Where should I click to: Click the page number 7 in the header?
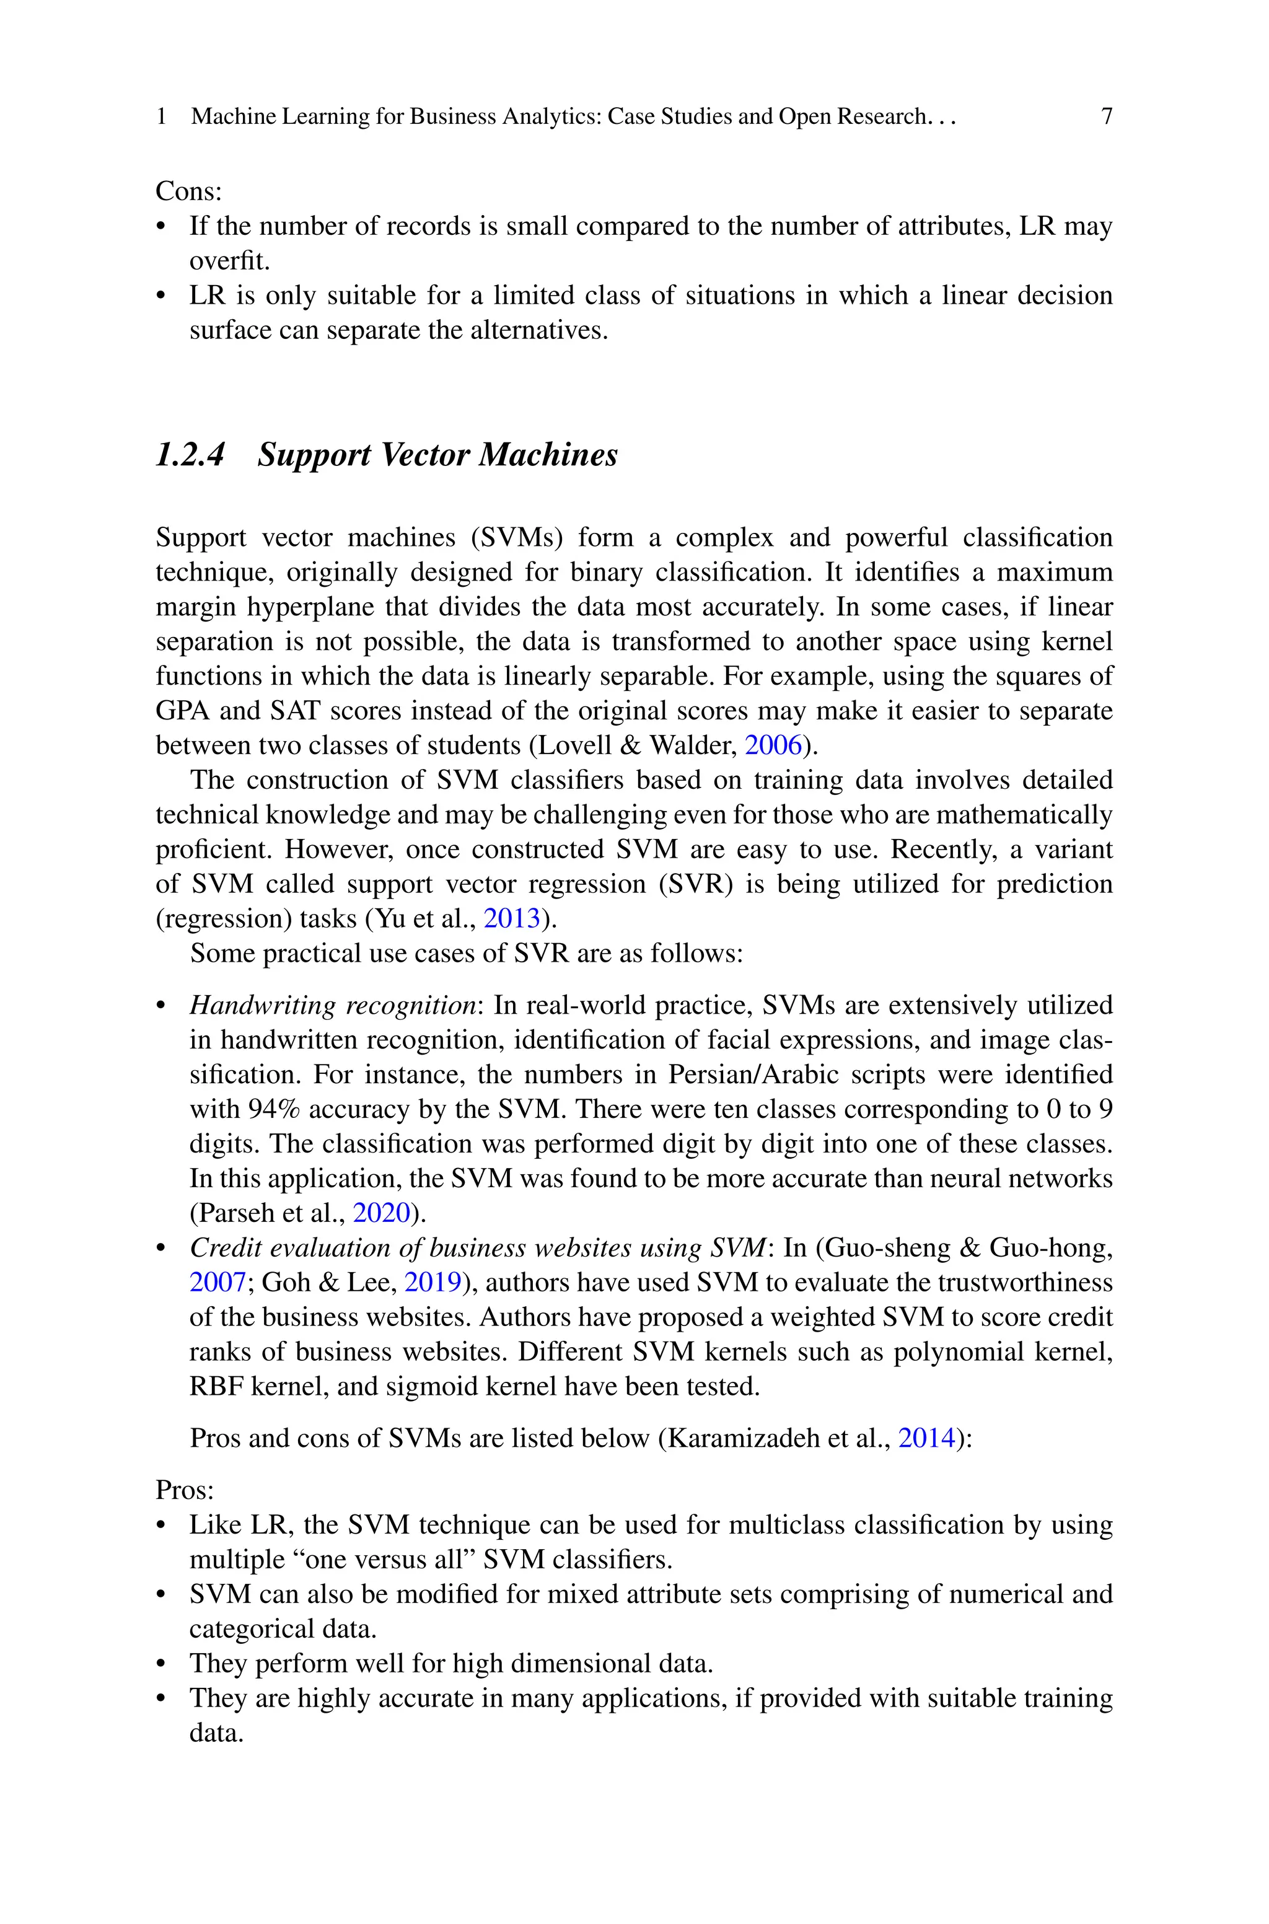[1106, 116]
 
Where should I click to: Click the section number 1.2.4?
[190, 455]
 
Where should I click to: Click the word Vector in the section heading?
[425, 455]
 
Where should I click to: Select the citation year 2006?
[772, 745]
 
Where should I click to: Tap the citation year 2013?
[511, 918]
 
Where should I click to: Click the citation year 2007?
[217, 1283]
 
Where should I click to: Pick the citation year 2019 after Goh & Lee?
[432, 1283]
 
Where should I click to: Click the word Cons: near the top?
[188, 191]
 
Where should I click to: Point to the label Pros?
[185, 1490]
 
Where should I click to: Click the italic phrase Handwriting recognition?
[333, 1005]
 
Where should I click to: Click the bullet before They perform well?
[161, 1664]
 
